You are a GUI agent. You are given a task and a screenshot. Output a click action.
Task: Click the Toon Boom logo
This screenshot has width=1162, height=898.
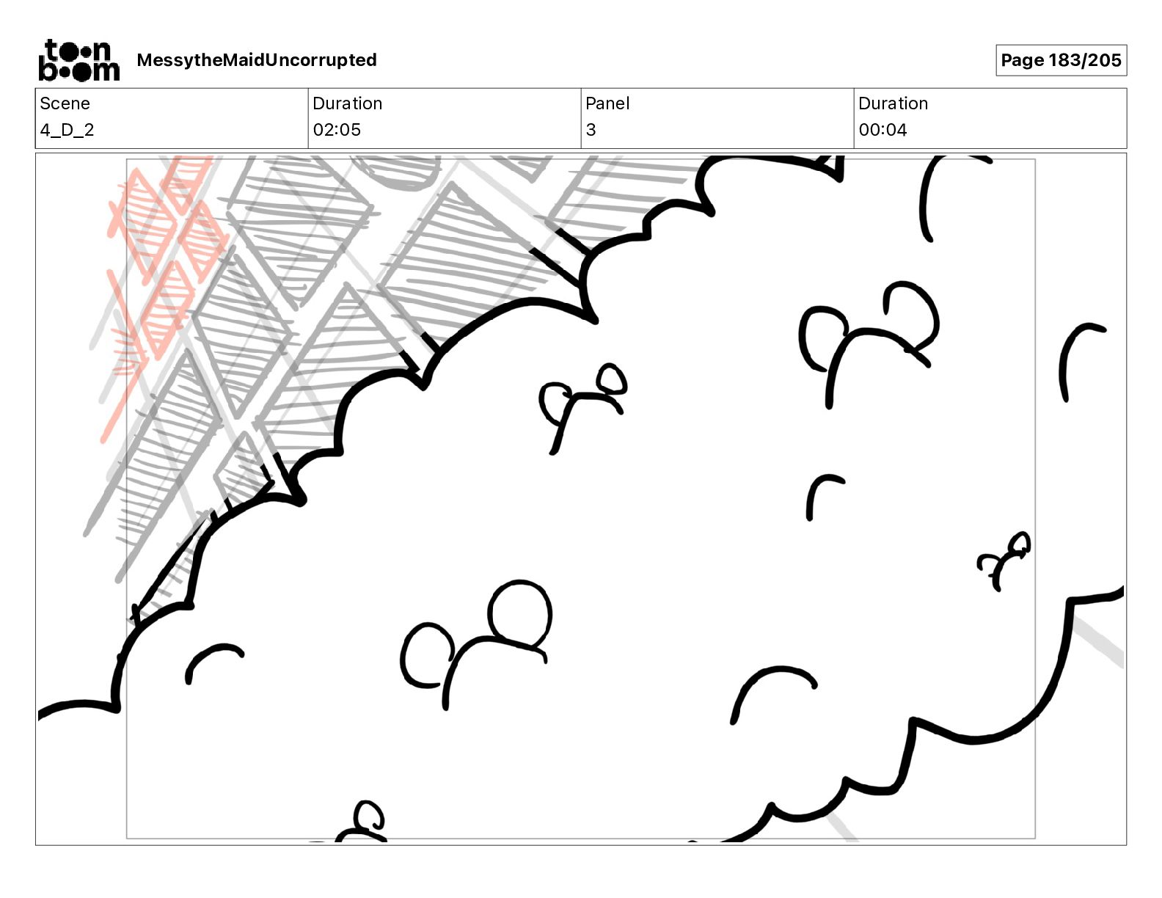pos(79,60)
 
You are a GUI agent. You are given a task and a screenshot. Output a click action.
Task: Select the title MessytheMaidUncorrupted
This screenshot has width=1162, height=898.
pos(257,60)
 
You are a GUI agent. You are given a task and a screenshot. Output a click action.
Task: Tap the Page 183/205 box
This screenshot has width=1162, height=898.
pos(1061,60)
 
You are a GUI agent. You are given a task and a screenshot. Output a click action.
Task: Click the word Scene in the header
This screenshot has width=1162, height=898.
pos(65,103)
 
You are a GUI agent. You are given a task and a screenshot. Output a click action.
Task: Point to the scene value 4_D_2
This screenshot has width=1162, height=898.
pos(67,129)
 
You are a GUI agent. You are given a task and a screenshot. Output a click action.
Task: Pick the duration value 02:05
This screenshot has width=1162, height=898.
pos(337,129)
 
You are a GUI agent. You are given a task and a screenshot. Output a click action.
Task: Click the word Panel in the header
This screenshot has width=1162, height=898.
pos(607,103)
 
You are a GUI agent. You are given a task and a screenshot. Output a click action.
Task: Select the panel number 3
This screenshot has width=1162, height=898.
pos(591,129)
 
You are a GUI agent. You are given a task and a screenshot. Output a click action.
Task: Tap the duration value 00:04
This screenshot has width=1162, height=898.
pos(883,129)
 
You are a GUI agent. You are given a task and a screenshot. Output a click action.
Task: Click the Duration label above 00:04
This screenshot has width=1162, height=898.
pos(893,103)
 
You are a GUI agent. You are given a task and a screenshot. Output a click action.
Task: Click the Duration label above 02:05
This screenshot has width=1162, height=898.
pos(348,103)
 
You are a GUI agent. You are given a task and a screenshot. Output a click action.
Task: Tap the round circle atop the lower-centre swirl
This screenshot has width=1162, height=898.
pos(520,613)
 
